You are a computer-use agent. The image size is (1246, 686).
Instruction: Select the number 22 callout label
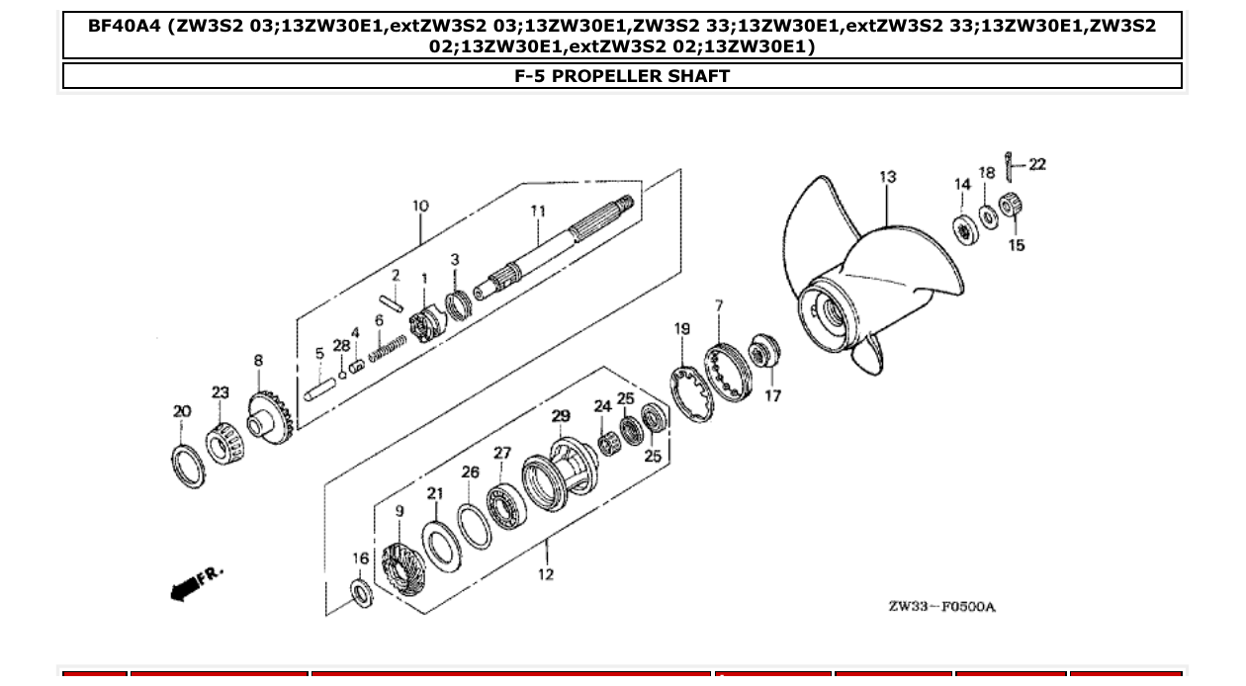[x=1036, y=164]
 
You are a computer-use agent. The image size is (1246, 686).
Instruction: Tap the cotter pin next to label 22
[x=1008, y=167]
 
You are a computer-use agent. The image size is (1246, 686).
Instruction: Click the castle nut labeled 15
[x=1010, y=207]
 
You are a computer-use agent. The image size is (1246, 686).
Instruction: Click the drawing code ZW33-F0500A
[x=940, y=606]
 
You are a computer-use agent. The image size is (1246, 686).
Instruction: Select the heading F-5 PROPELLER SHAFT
[x=622, y=76]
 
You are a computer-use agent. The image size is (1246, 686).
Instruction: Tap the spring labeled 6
[x=388, y=347]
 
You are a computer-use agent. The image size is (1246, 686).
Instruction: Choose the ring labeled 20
[x=188, y=466]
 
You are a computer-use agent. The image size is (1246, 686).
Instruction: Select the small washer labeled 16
[x=362, y=594]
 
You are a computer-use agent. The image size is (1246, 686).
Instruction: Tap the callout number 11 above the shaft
[x=538, y=211]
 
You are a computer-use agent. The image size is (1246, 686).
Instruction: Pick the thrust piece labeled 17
[x=764, y=352]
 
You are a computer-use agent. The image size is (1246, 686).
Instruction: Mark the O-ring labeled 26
[x=475, y=525]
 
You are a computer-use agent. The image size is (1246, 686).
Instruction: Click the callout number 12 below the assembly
[x=546, y=573]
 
